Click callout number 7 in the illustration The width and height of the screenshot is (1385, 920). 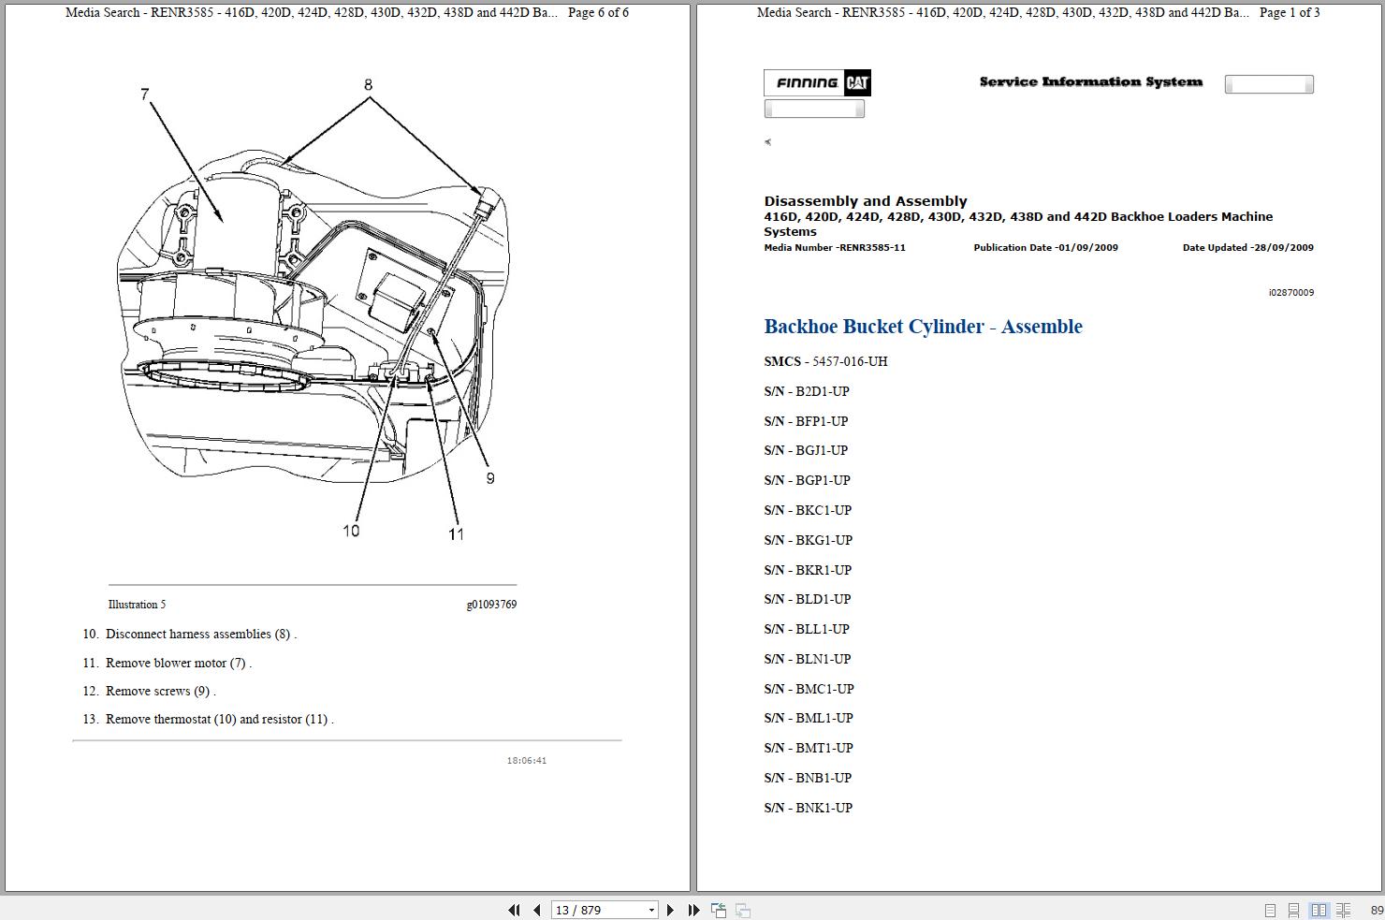pyautogui.click(x=145, y=95)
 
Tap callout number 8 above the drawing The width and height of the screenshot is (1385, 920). pyautogui.click(x=368, y=85)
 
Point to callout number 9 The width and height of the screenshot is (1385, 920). pyautogui.click(x=489, y=478)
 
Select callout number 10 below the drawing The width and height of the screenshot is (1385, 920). pyautogui.click(x=351, y=531)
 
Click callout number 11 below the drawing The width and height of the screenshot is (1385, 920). pyautogui.click(x=456, y=533)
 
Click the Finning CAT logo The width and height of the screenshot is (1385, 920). pyautogui.click(x=818, y=83)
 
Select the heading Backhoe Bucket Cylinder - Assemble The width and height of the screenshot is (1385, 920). pyautogui.click(x=923, y=327)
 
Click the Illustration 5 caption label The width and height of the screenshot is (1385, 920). pyautogui.click(x=137, y=605)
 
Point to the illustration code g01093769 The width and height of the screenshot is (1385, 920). pyautogui.click(x=491, y=605)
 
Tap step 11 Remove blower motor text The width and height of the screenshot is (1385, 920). pyautogui.click(x=178, y=663)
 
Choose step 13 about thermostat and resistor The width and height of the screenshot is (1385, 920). pyautogui.click(x=219, y=719)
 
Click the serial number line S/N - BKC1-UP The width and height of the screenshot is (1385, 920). pyautogui.click(x=808, y=510)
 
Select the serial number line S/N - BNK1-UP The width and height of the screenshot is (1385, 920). pyautogui.click(x=808, y=808)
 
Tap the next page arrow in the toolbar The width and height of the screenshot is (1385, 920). pyautogui.click(x=670, y=910)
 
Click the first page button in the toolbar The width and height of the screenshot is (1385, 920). pyautogui.click(x=514, y=910)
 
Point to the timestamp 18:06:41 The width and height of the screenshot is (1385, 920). pyautogui.click(x=527, y=760)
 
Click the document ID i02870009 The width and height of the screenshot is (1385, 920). pyautogui.click(x=1290, y=292)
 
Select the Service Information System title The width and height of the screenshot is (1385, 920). pyautogui.click(x=1090, y=82)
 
